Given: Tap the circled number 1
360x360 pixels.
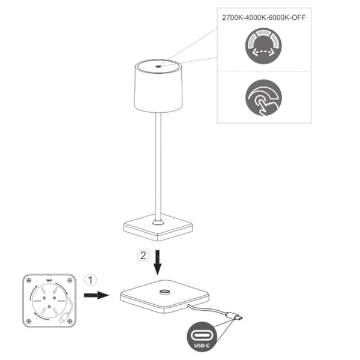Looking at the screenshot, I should coord(90,280).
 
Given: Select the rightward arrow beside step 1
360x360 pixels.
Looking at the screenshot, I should coord(95,295).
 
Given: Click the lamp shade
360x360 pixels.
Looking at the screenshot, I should coord(157,90).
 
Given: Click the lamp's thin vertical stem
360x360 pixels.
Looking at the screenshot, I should coord(158,168).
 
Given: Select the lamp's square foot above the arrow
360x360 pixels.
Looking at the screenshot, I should coord(158,226).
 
